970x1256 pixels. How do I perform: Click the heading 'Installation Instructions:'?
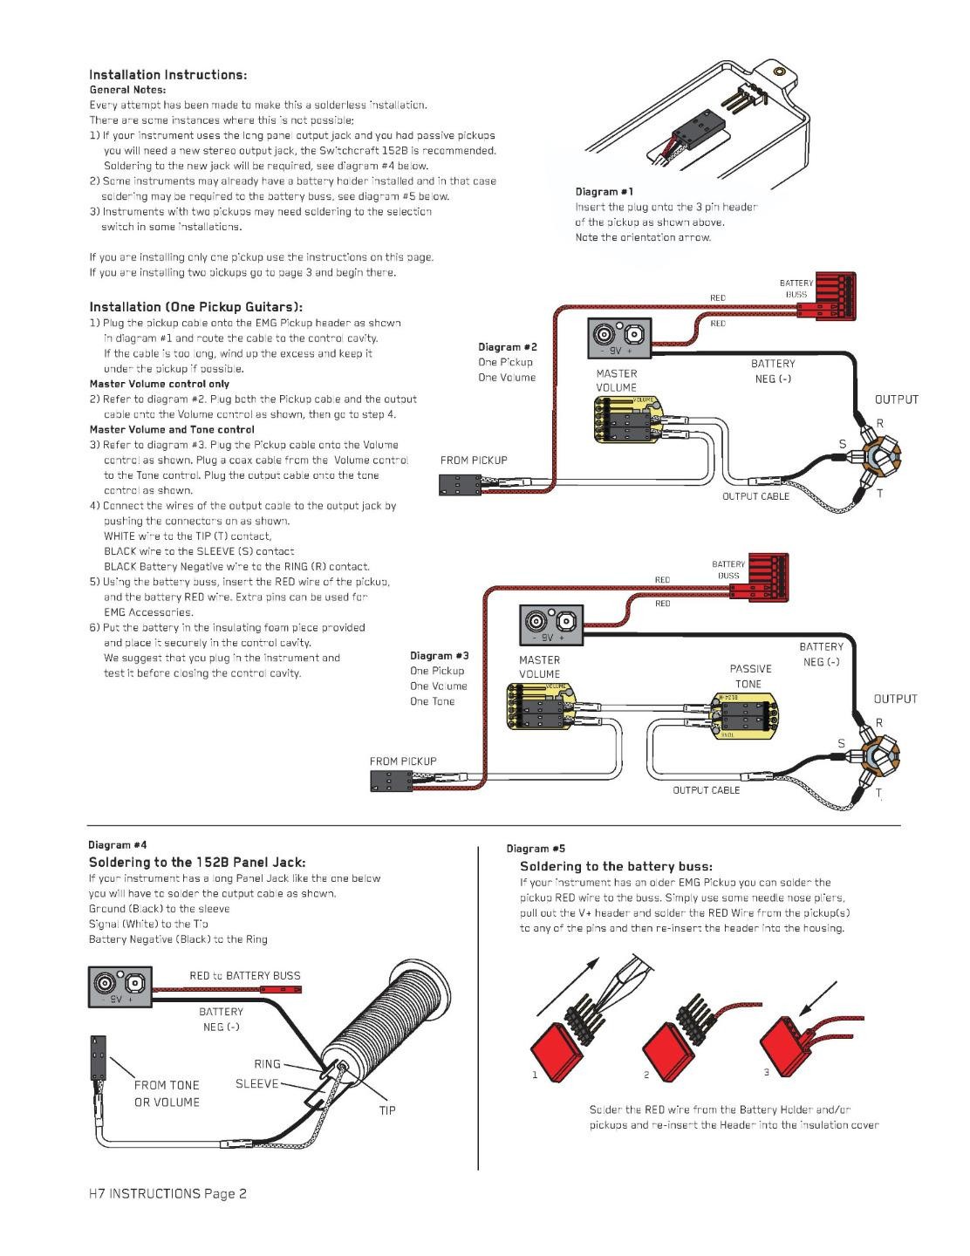(x=168, y=75)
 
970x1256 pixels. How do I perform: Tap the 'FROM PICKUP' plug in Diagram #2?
(x=460, y=486)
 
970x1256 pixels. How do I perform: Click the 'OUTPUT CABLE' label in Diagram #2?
(x=755, y=496)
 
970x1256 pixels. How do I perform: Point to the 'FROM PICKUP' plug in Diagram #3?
(x=390, y=780)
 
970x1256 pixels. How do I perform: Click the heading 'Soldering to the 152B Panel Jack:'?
(x=197, y=862)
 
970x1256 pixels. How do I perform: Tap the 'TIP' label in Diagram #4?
(x=387, y=1110)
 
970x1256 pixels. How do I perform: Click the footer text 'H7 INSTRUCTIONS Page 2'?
(x=167, y=1193)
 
